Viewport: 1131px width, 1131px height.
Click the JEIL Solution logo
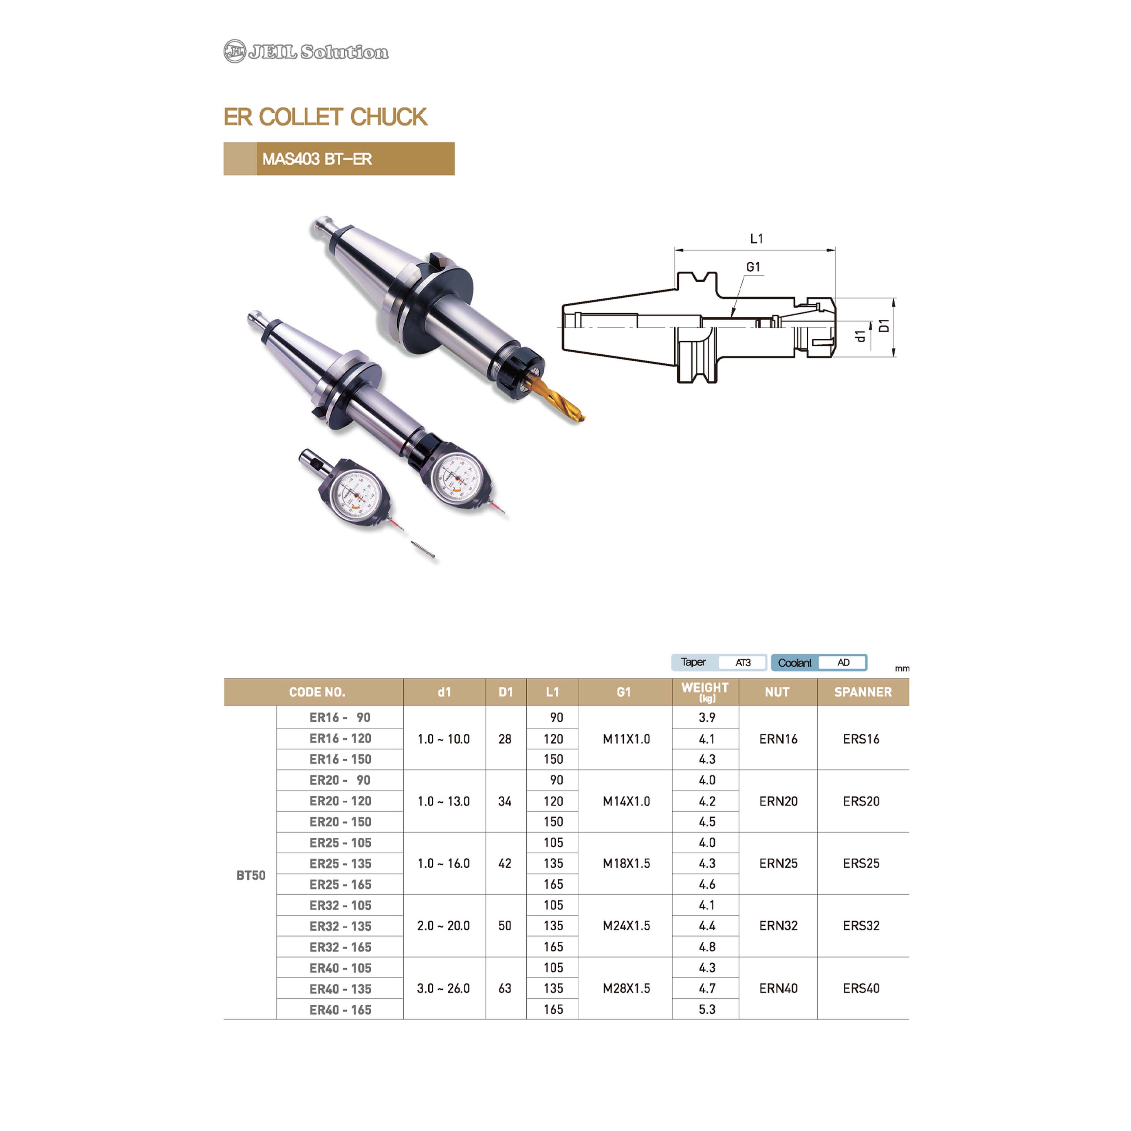306,51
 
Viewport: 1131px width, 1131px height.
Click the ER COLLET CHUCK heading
325,117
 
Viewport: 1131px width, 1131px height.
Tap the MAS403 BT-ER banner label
317,159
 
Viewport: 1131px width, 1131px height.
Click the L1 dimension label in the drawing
756,238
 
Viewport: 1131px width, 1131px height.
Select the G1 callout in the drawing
753,267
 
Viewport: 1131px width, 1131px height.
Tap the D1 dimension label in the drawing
884,325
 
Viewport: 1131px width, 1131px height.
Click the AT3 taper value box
743,662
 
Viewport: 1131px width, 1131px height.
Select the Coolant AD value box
843,662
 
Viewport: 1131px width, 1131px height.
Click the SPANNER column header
863,692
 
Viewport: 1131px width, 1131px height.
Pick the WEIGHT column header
705,691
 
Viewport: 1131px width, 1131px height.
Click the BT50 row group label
251,875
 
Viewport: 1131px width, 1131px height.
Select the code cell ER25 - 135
340,863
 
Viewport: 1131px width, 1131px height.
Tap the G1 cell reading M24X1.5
626,925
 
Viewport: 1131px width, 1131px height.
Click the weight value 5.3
707,1009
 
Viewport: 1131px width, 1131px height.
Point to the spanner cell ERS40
861,988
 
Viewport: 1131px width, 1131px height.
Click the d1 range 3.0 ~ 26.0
443,988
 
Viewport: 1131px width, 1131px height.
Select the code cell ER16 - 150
340,759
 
